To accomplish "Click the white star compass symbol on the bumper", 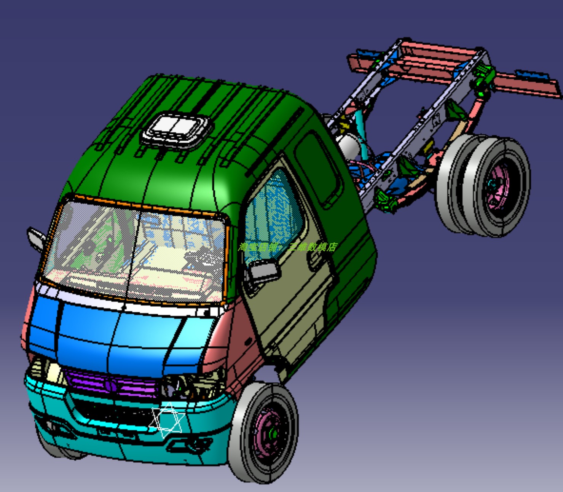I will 167,420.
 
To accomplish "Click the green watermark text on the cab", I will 287,247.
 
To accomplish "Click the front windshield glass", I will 133,251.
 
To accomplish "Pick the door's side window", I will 272,213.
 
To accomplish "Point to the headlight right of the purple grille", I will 190,386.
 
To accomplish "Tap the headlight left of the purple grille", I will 48,371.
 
